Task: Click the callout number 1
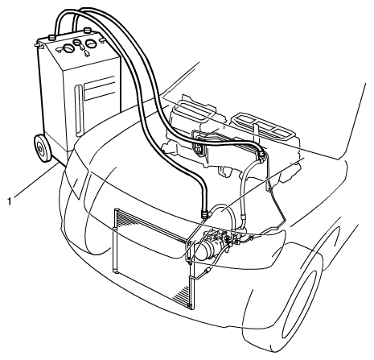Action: (10, 201)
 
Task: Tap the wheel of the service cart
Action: (43, 148)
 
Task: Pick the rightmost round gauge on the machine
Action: (91, 43)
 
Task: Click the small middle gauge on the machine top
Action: (78, 42)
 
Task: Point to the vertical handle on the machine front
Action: (79, 110)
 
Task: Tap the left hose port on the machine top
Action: (52, 37)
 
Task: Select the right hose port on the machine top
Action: (87, 30)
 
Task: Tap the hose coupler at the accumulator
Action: (206, 214)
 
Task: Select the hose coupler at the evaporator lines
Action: (261, 155)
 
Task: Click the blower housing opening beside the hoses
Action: (199, 148)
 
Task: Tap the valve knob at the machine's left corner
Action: (39, 46)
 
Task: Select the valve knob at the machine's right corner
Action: (102, 40)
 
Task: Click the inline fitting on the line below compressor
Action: (207, 271)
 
